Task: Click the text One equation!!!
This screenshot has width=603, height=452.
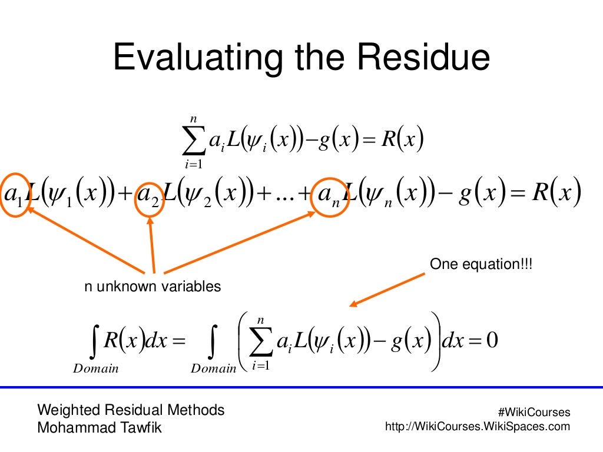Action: [x=481, y=264]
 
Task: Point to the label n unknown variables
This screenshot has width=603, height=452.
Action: [x=153, y=287]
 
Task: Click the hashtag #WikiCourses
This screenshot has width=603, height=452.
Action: [x=534, y=413]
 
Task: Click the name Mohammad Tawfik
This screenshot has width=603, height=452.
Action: [x=99, y=428]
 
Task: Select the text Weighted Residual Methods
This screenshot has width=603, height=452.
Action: [x=131, y=410]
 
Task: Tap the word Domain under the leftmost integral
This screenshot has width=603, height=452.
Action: [x=96, y=369]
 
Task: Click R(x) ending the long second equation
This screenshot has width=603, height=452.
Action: [x=556, y=194]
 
